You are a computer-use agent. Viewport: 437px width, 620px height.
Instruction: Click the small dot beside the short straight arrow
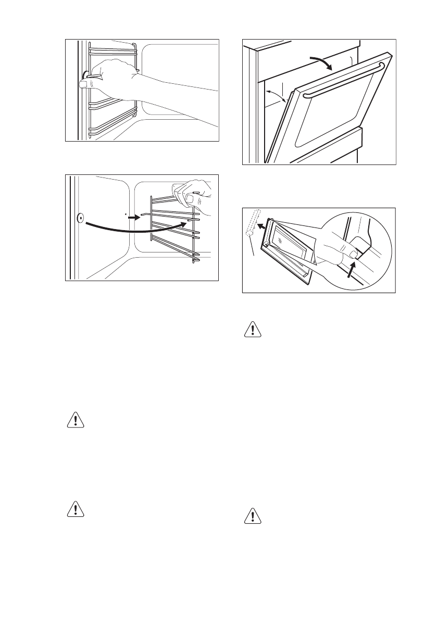126,213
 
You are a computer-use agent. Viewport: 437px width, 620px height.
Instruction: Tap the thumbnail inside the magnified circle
354,255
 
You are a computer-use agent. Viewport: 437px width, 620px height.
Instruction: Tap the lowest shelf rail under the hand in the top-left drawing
112,132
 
